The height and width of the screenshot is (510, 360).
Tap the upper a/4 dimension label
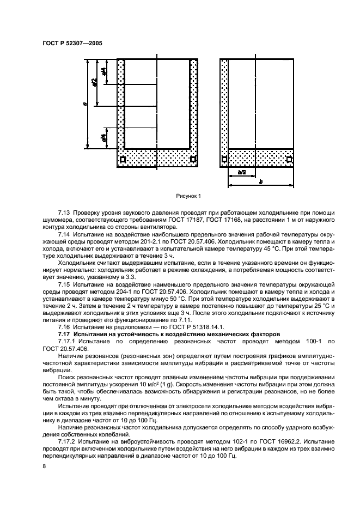point(103,71)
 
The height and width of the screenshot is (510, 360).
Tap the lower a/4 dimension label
point(103,137)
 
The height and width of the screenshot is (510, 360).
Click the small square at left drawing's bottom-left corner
point(123,160)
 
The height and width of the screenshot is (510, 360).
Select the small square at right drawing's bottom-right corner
point(289,160)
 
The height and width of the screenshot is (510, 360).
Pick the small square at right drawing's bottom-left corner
point(224,160)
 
